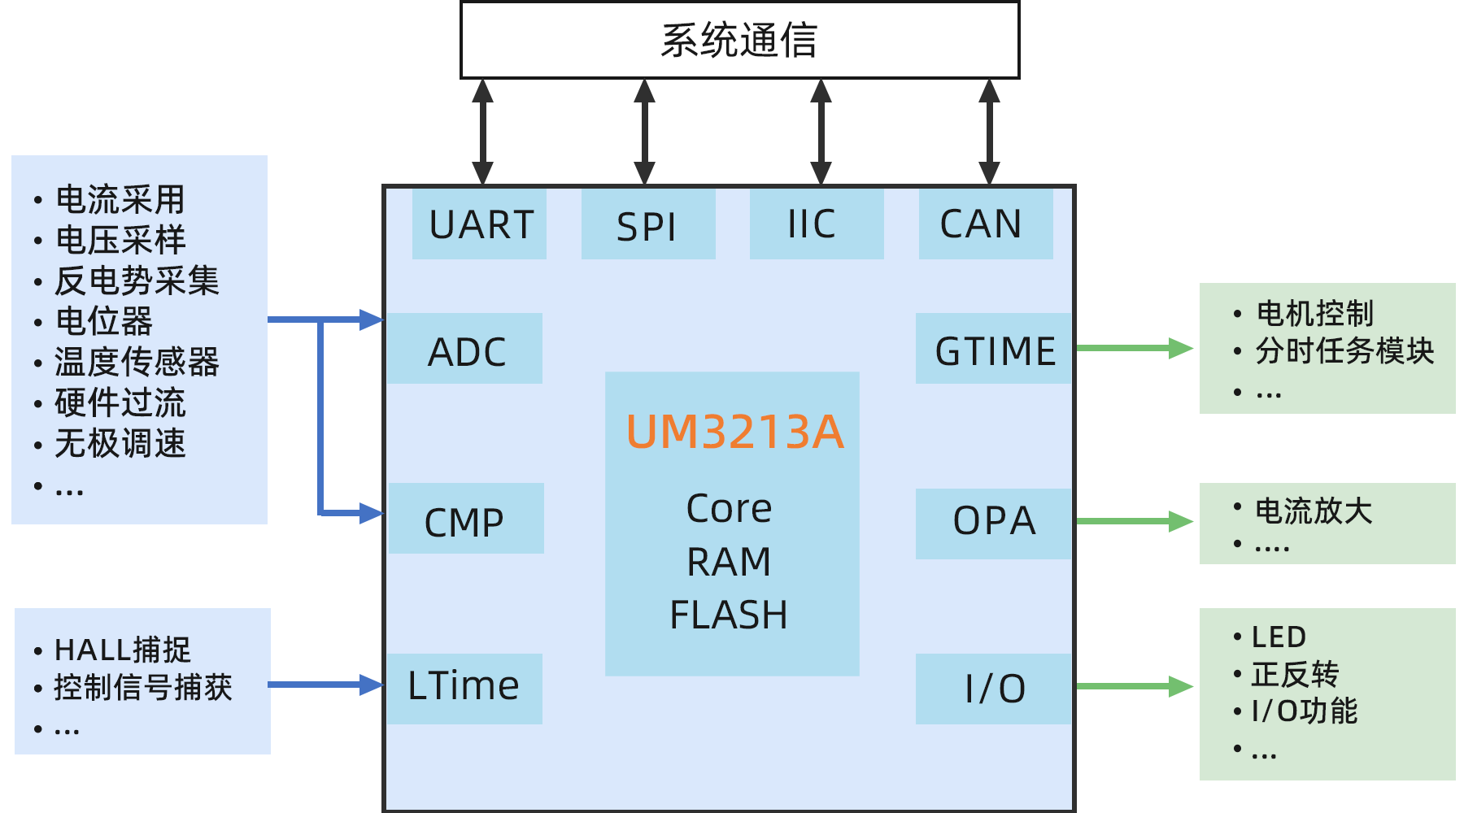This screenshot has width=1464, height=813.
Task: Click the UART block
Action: click(479, 224)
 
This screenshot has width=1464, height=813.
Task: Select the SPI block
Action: click(648, 225)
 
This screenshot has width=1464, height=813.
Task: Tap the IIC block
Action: click(816, 224)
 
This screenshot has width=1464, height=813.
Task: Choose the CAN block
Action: click(985, 224)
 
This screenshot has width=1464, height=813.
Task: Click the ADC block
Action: click(464, 349)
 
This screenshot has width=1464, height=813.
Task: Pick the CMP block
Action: click(466, 520)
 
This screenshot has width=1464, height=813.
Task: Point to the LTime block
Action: click(464, 688)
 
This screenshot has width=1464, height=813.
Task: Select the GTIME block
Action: click(993, 349)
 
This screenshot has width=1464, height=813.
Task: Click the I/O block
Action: click(993, 689)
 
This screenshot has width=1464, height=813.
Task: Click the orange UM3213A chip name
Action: click(734, 432)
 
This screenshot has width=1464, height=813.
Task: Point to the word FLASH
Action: click(729, 615)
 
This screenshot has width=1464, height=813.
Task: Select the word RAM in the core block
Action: click(729, 562)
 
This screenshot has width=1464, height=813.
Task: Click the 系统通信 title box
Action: click(739, 40)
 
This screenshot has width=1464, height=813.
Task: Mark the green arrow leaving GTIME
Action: click(1134, 348)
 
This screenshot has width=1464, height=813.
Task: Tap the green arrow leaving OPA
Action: click(1134, 521)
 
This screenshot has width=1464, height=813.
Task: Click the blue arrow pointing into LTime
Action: click(325, 685)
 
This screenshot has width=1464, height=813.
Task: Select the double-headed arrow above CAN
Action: click(989, 132)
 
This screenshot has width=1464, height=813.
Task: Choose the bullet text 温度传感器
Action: click(137, 363)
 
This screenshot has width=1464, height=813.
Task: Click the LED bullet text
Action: click(1279, 637)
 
